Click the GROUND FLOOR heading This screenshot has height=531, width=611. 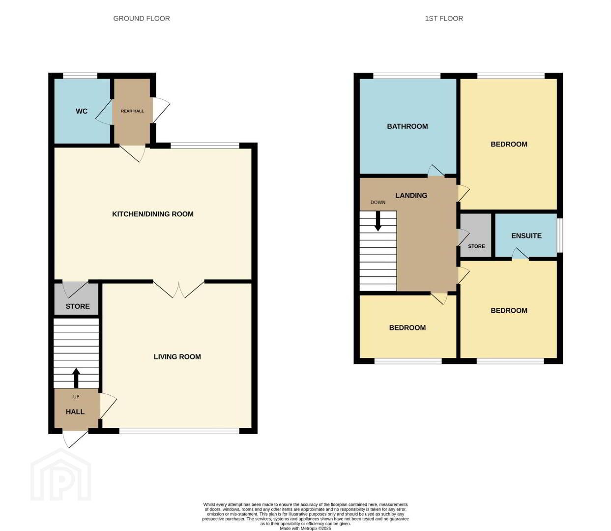pyautogui.click(x=141, y=19)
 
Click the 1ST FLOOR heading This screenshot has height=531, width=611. pyautogui.click(x=444, y=19)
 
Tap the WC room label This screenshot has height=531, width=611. pyautogui.click(x=82, y=111)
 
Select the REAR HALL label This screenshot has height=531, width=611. pyautogui.click(x=132, y=111)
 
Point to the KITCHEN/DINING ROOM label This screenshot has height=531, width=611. pyautogui.click(x=152, y=214)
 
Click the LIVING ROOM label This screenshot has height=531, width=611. pyautogui.click(x=177, y=356)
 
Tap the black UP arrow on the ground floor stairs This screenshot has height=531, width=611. pyautogui.click(x=76, y=378)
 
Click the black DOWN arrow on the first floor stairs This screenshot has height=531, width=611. pyautogui.click(x=378, y=221)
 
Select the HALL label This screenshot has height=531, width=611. pyautogui.click(x=75, y=412)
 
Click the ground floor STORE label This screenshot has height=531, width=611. pyautogui.click(x=78, y=306)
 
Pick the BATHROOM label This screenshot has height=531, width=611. pyautogui.click(x=407, y=126)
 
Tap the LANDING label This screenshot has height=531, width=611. pyautogui.click(x=411, y=195)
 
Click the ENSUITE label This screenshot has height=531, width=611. pyautogui.click(x=526, y=236)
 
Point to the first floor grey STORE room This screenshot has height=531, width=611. pyautogui.click(x=476, y=235)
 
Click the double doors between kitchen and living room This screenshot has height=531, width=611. pyautogui.click(x=179, y=289)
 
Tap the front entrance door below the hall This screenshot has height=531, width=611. pyautogui.click(x=75, y=439)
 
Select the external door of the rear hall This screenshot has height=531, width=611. pyautogui.click(x=161, y=110)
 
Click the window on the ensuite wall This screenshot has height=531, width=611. pyautogui.click(x=560, y=236)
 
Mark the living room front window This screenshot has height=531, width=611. pyautogui.click(x=179, y=431)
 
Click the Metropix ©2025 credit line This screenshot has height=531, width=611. pyautogui.click(x=305, y=529)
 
